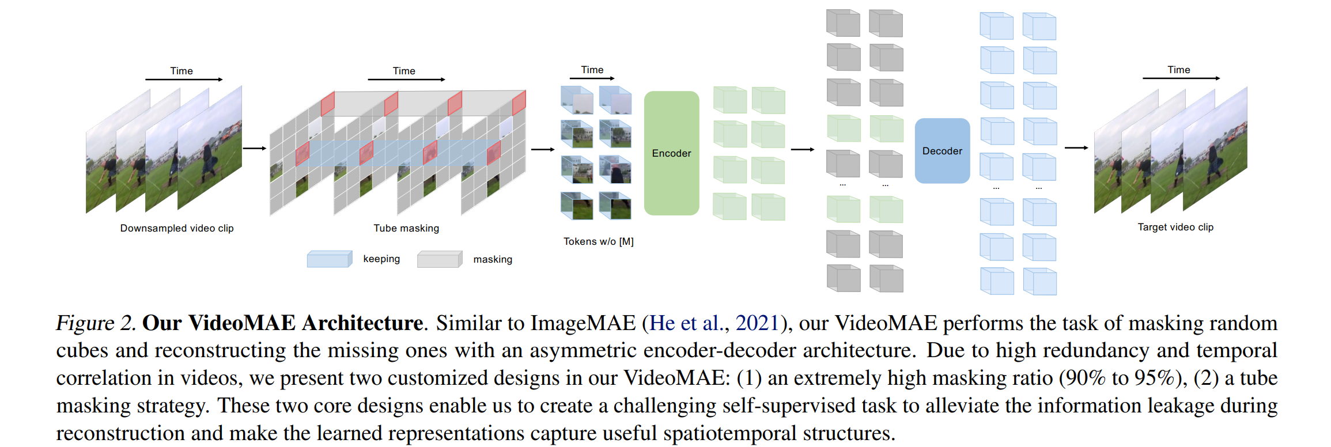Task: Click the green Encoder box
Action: tap(671, 153)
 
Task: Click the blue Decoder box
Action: tap(942, 151)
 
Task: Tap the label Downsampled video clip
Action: tap(177, 228)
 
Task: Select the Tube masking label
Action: tap(406, 228)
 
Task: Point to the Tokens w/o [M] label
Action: tap(598, 241)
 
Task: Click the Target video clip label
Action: tap(1175, 227)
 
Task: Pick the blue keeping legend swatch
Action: tap(329, 259)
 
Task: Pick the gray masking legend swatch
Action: tap(439, 259)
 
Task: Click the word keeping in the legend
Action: tap(381, 259)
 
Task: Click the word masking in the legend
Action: tap(493, 259)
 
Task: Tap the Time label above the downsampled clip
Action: tap(181, 71)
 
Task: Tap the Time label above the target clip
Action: tap(1178, 70)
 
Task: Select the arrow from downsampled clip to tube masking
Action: tap(254, 149)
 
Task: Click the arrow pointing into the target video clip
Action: tap(1076, 148)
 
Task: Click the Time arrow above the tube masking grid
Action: tap(406, 79)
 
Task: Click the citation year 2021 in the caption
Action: tap(757, 323)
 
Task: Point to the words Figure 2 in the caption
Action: tap(95, 323)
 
